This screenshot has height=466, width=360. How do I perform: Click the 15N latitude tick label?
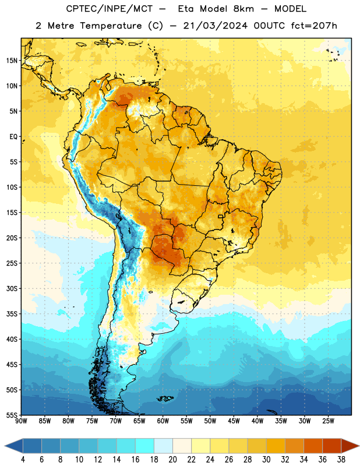12,61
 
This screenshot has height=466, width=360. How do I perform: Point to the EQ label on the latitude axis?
13,137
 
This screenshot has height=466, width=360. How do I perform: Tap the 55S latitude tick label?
12,415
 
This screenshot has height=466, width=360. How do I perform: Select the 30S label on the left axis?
12,288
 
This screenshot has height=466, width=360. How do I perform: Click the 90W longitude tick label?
21,421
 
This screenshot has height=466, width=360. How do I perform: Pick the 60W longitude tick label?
163,421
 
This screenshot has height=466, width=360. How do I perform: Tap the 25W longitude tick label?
328,421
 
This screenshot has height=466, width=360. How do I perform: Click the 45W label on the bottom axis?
234,421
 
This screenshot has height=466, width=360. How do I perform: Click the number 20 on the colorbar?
172,460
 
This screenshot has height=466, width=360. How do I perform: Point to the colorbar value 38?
341,460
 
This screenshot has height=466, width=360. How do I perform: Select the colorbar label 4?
23,460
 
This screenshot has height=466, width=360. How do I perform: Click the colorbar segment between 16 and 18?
145,446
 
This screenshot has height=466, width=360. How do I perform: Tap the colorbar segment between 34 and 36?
313,446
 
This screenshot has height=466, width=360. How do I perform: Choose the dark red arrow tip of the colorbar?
358,446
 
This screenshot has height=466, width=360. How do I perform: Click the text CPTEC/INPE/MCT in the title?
109,9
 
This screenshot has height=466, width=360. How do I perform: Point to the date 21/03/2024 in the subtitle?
215,26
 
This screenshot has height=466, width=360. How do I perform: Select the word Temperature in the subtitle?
111,26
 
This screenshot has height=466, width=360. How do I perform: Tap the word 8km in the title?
243,9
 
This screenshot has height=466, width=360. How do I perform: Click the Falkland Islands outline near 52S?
165,398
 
